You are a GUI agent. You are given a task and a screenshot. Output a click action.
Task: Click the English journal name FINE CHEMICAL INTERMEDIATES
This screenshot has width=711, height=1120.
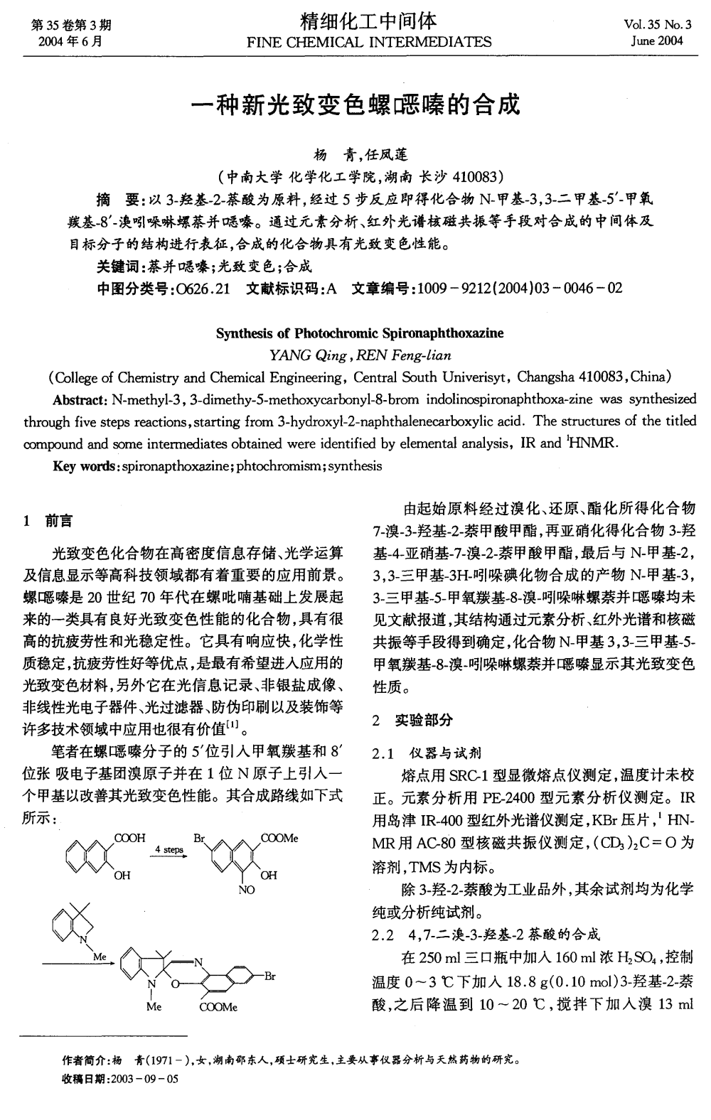click(x=368, y=41)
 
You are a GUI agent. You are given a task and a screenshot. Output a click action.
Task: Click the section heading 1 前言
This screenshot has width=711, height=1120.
click(x=47, y=522)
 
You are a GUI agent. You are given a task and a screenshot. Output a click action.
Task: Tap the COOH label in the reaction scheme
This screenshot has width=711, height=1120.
click(x=130, y=839)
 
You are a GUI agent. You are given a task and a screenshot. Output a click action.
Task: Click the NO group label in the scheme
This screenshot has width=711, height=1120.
click(x=247, y=889)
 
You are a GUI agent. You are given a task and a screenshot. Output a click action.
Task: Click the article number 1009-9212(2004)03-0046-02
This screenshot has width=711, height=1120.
click(x=520, y=288)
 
